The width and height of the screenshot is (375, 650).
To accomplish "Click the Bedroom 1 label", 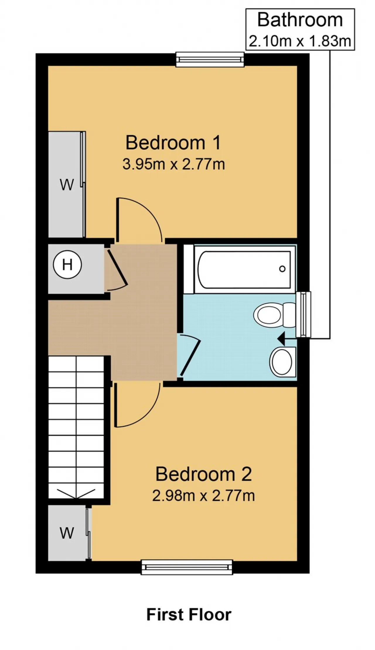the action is [x=173, y=142].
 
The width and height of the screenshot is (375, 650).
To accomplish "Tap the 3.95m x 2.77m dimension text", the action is [x=174, y=164].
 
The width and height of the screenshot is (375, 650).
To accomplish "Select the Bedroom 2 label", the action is [x=203, y=474].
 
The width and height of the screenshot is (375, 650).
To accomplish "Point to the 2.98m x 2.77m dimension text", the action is [x=203, y=496].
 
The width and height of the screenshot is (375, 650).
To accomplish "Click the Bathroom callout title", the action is [x=300, y=20].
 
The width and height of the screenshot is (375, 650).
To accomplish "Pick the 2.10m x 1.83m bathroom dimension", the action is [x=300, y=41].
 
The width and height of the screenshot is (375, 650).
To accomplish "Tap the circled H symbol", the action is [x=67, y=265].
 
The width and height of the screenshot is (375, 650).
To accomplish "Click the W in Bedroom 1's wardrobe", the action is [x=67, y=185].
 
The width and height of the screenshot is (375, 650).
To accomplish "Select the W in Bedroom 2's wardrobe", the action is [x=67, y=533].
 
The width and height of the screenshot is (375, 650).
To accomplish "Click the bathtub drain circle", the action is [x=282, y=269].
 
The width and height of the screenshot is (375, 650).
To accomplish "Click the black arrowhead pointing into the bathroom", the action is [x=282, y=339].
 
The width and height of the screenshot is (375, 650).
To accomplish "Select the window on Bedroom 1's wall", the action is [x=210, y=59].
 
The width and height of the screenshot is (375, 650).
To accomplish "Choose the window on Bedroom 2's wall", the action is [x=187, y=567].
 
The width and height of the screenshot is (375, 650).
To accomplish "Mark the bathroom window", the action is [x=304, y=314].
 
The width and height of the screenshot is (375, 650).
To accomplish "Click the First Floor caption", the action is [x=189, y=614].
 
